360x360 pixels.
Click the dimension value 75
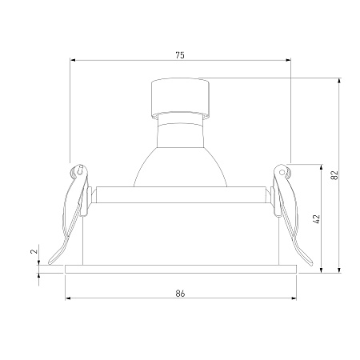pyautogui.click(x=180, y=55)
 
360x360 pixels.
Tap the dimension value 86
pyautogui.click(x=181, y=294)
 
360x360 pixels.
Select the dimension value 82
pyautogui.click(x=334, y=175)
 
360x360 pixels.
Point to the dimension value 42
pyautogui.click(x=316, y=218)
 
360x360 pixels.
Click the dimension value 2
pyautogui.click(x=34, y=251)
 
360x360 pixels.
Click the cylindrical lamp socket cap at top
pyautogui.click(x=180, y=98)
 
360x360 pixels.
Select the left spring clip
pyautogui.click(x=70, y=214)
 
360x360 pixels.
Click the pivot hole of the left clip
pyautogui.click(x=79, y=171)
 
